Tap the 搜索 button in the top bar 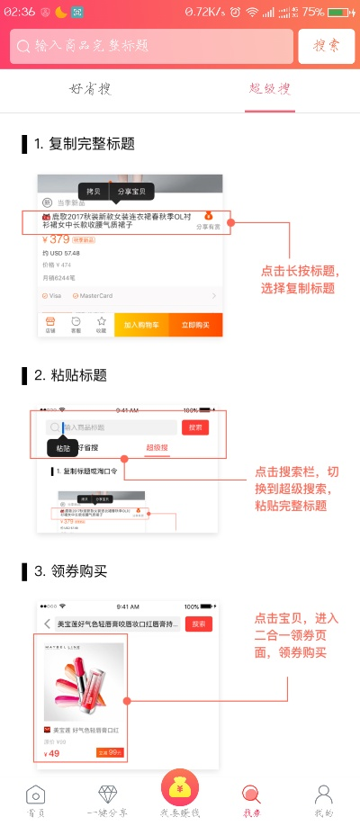(x=326, y=46)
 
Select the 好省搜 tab (x=90, y=89)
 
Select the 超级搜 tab (x=270, y=89)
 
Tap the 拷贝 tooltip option (x=94, y=192)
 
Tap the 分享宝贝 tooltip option (x=132, y=192)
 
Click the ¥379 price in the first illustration (x=60, y=239)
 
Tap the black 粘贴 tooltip (x=62, y=447)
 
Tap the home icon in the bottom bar (x=35, y=795)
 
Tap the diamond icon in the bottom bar (x=107, y=795)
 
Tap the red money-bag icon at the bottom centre (x=180, y=789)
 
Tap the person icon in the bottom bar (x=323, y=795)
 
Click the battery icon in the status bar (x=340, y=12)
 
